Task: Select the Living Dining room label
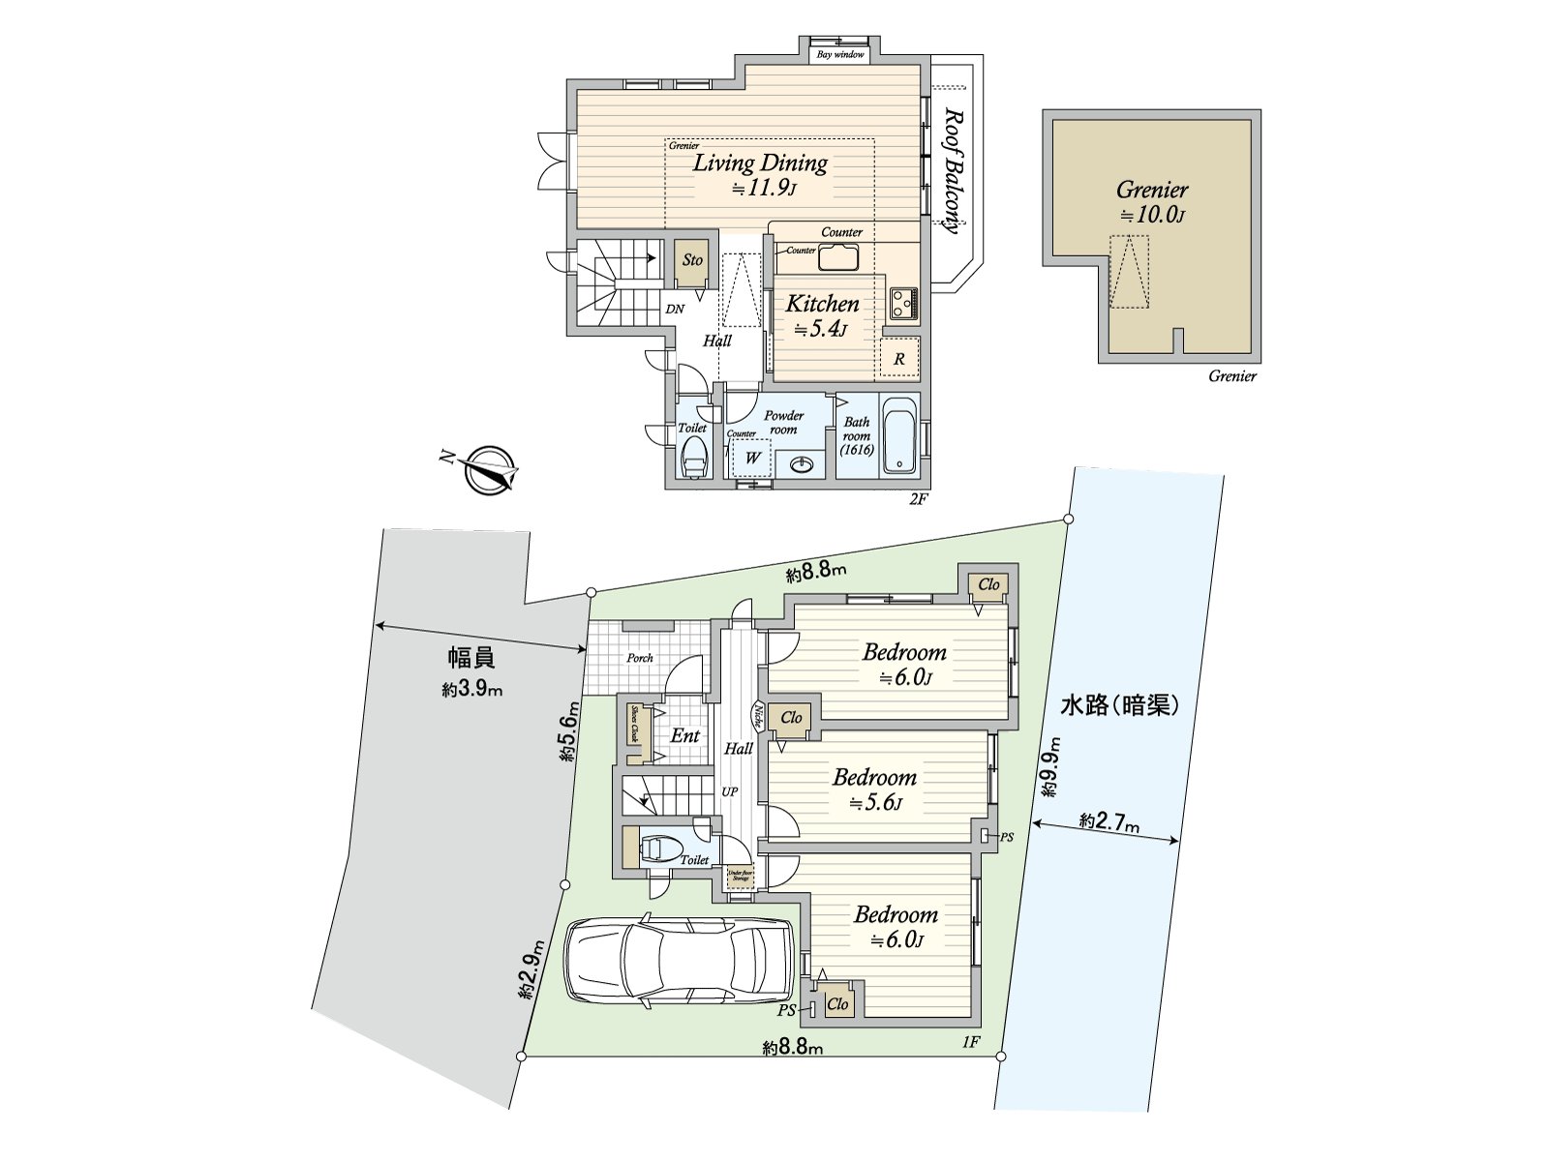760,164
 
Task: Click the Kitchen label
822,304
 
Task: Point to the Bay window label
840,55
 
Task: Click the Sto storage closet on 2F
692,260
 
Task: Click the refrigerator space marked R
899,359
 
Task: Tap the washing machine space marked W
752,458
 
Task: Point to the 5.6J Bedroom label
874,777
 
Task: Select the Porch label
639,658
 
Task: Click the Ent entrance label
684,735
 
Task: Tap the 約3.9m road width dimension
473,690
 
